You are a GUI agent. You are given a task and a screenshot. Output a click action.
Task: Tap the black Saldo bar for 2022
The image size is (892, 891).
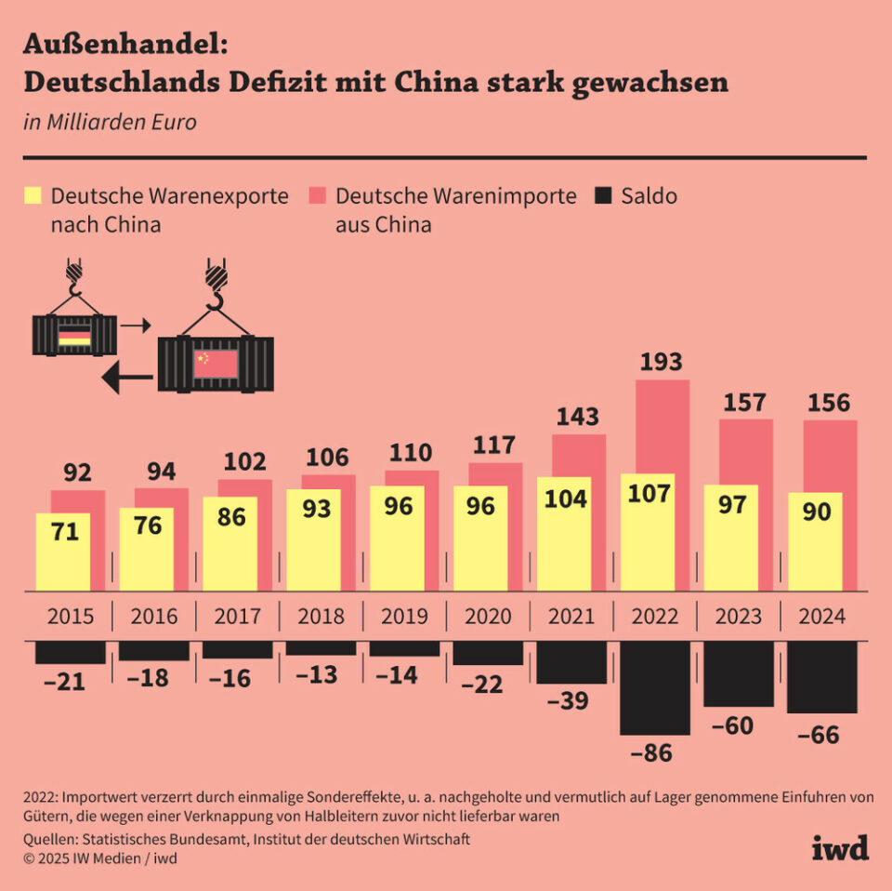[655, 687]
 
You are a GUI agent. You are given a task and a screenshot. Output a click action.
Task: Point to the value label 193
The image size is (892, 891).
[662, 362]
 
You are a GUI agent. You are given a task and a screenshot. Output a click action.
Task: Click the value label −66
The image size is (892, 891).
[819, 736]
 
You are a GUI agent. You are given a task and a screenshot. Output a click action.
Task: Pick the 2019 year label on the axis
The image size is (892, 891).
[404, 617]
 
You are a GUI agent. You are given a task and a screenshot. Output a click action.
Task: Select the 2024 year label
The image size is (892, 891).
[821, 617]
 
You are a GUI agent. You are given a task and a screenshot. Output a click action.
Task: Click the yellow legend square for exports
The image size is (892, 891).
[33, 196]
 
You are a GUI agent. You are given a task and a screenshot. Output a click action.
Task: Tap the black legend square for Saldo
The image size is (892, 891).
[605, 196]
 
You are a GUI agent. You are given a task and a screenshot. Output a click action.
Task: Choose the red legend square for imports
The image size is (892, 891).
[319, 196]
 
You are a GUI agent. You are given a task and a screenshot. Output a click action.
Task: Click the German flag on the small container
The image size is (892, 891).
[74, 336]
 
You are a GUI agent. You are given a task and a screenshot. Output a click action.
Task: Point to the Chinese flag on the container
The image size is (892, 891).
[216, 364]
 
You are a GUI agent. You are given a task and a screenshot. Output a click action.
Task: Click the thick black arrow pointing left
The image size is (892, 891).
[126, 378]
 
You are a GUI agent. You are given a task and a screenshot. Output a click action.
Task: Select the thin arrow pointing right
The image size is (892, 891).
[136, 326]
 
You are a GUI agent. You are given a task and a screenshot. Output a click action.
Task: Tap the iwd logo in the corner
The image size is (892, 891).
[840, 847]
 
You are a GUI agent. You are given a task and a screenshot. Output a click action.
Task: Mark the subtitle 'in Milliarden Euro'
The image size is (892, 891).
[110, 123]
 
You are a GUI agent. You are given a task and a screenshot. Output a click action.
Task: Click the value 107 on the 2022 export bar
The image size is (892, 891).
[649, 493]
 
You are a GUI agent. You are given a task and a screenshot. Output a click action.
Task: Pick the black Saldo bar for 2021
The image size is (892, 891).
[571, 662]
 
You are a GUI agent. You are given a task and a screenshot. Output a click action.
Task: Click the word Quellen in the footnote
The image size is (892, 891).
[55, 839]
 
